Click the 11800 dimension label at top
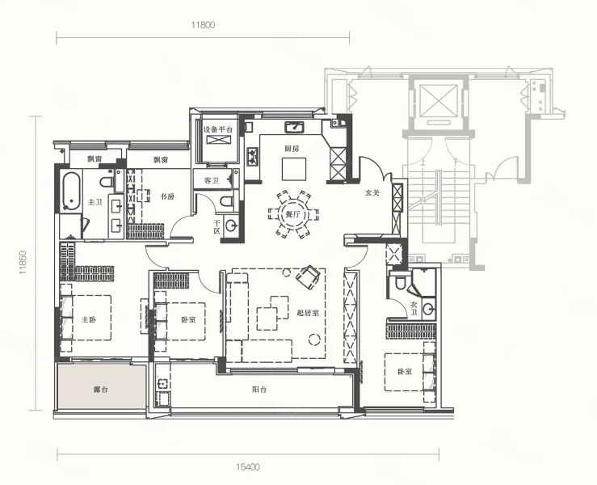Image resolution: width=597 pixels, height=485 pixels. coord(203,25)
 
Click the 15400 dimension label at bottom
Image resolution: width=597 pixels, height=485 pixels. coord(247,466)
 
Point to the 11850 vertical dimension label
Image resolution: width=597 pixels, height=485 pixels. coord(23,263)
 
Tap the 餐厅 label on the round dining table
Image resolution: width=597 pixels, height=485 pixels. coord(292,214)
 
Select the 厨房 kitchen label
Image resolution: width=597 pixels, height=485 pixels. coord(292,149)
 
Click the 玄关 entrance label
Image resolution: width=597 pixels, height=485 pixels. coord(372,192)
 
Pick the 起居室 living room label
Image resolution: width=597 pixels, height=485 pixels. coord(308,313)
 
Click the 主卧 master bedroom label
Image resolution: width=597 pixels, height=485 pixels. coord(89,319)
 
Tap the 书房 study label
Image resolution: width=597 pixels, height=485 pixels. coord(166,196)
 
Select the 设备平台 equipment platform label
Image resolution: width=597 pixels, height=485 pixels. coord(218,129)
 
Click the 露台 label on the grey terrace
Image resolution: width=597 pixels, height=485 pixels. coord(100,390)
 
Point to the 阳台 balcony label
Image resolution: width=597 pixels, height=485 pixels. coord(259,390)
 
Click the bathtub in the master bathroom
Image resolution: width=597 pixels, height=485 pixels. coord(71,192)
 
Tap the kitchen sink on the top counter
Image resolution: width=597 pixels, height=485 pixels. coord(294,127)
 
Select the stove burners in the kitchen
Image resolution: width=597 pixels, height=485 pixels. coord(253,156)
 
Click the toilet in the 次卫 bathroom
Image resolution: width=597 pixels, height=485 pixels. coord(401,283)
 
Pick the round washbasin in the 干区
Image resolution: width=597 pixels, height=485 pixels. coord(231,226)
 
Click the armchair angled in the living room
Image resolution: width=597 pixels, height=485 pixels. coord(308,276)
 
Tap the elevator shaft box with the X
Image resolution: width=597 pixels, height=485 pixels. coord(438,99)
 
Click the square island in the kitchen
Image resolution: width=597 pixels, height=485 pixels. coord(294,169)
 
